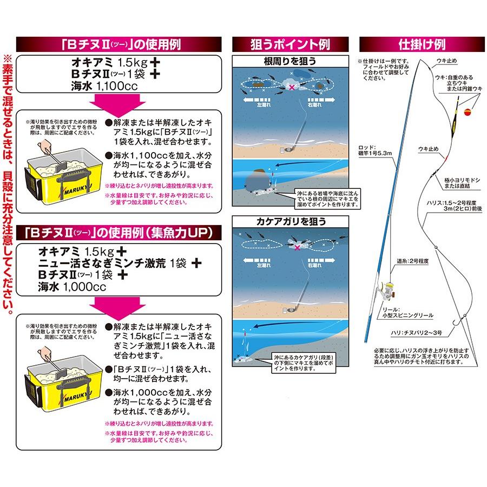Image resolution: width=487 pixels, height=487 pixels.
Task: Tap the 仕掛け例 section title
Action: [x=421, y=44]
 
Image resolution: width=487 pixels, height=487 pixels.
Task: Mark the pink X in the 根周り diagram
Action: [x=293, y=87]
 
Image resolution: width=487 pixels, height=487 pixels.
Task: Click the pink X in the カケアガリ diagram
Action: [x=297, y=247]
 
